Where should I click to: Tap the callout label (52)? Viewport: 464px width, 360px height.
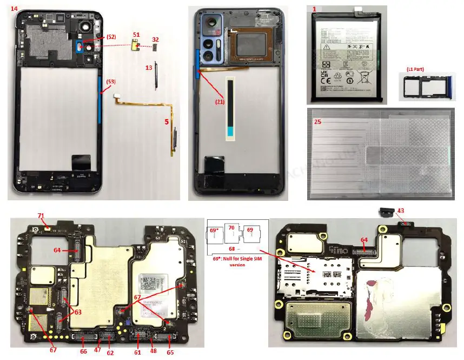[x=110, y=37]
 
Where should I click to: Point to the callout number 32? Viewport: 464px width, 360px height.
[x=155, y=40]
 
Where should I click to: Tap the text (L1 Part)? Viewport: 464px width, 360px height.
[x=418, y=69]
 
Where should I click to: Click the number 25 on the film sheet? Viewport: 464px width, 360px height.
[x=317, y=122]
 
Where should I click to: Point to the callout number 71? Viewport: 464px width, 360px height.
[x=41, y=215]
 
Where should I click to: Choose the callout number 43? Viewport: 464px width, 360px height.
[x=400, y=211]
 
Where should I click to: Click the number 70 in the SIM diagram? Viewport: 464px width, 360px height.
[x=231, y=228]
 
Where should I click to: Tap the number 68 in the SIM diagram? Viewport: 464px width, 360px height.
[x=231, y=248]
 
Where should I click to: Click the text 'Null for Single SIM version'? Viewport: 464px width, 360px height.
[x=237, y=261]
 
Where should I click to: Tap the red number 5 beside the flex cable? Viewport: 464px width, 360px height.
[x=166, y=122]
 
